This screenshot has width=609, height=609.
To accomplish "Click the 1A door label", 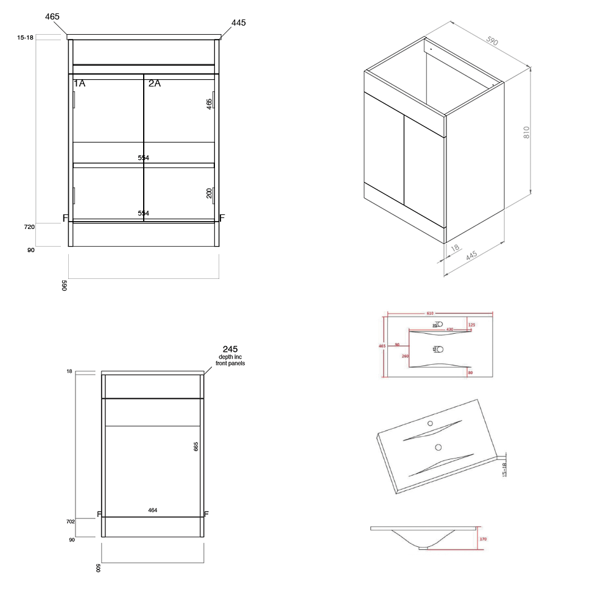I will [80, 83].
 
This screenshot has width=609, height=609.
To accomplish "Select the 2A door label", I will [155, 83].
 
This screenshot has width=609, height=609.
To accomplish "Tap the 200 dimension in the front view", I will [209, 193].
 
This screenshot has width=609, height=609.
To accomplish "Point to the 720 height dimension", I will [29, 227].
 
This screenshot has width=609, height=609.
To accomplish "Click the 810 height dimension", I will [527, 132].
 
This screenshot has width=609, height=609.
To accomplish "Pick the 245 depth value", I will [230, 349].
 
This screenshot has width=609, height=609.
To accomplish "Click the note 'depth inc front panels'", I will [230, 360].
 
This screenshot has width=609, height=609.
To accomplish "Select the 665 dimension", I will [196, 446].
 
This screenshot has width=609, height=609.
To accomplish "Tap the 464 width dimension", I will [153, 510].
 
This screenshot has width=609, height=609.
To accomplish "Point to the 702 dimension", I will [71, 522].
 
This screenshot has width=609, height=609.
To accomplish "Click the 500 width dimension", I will [98, 568].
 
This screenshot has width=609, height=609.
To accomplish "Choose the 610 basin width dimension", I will [430, 313].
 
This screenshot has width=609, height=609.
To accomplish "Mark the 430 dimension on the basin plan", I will [450, 329].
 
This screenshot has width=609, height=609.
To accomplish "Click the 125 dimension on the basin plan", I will [470, 325].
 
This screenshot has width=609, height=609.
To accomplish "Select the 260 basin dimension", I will [405, 356].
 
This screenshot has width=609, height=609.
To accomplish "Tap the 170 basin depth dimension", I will [482, 538].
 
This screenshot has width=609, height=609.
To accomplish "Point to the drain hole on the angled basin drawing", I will [438, 447].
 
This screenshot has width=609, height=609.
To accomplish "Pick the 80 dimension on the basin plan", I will [470, 372].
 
